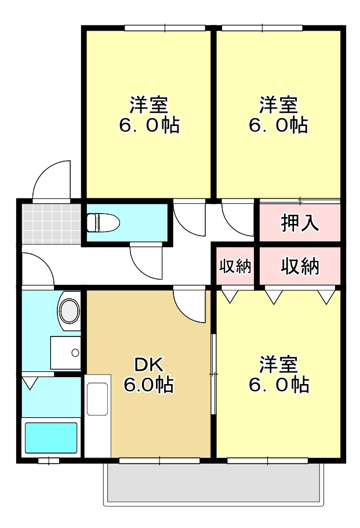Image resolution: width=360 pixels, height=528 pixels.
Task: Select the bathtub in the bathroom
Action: [51, 438]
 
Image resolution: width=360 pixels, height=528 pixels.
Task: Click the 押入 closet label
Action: [300, 223]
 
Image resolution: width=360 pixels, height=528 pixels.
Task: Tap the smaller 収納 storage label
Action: [235, 266]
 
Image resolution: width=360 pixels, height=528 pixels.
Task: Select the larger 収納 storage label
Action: [300, 266]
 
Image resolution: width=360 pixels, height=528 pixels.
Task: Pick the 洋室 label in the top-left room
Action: [148, 105]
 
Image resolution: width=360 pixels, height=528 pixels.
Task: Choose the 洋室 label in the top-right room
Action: [278, 105]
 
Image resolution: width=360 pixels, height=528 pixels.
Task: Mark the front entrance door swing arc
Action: [51, 180]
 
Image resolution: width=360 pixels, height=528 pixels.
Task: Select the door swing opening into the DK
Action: [190, 305]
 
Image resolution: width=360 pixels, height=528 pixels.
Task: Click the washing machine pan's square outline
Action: [66, 353]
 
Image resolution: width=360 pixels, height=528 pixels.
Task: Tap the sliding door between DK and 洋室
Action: [213, 374]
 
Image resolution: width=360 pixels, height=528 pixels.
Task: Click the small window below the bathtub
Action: [48, 461]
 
